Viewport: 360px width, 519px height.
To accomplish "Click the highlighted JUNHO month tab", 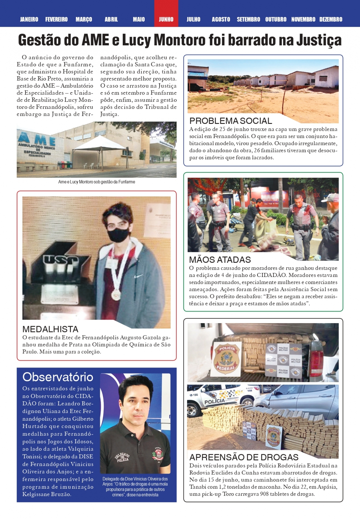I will click(166, 19).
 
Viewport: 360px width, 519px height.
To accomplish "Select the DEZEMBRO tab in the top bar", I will click(331, 19).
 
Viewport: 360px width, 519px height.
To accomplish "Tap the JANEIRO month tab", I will click(29, 19).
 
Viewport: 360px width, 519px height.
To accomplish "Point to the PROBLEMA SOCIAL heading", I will click(231, 121).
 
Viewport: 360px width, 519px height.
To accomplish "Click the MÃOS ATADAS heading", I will click(220, 259).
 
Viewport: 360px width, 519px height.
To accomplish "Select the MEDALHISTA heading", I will click(50, 329).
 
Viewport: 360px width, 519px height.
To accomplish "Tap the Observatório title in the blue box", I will click(58, 377).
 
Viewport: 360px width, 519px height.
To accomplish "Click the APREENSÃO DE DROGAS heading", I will click(244, 457).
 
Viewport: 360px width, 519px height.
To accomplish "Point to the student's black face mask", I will click(118, 235).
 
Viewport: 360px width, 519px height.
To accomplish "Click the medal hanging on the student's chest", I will click(116, 295).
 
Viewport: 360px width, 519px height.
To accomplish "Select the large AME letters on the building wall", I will click(37, 139).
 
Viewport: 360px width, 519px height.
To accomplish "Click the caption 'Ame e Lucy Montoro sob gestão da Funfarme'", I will click(97, 182).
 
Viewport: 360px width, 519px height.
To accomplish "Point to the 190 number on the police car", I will click(195, 395).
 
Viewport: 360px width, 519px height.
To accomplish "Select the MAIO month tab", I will click(139, 19).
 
